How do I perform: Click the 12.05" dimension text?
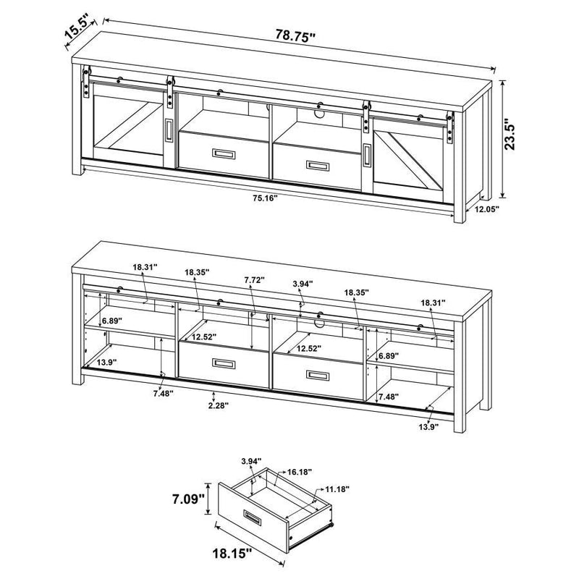pyautogui.click(x=486, y=208)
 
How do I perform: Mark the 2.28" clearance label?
pyautogui.click(x=214, y=405)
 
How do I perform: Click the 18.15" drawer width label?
pyautogui.click(x=231, y=554)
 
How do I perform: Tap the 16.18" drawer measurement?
pyautogui.click(x=299, y=471)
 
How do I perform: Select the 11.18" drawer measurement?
pyautogui.click(x=337, y=490)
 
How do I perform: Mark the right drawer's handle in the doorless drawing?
pyautogui.click(x=316, y=375)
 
